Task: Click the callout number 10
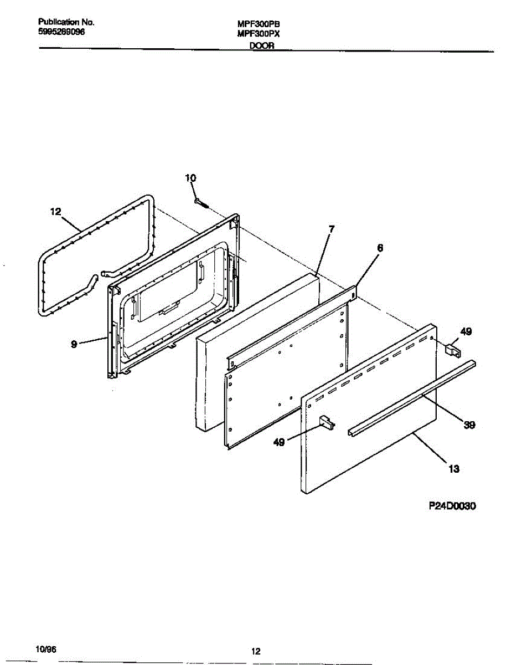[x=190, y=178]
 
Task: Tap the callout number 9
[x=74, y=344]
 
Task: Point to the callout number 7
[x=331, y=228]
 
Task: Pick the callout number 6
[x=380, y=248]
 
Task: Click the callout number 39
[x=469, y=425]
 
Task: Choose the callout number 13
[x=453, y=469]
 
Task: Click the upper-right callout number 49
[x=466, y=332]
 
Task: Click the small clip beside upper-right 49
[x=453, y=350]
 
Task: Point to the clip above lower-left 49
[x=327, y=423]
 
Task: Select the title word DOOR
[x=262, y=47]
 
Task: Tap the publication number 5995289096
[x=61, y=32]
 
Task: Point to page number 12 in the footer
[x=255, y=652]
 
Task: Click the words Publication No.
[x=66, y=23]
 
